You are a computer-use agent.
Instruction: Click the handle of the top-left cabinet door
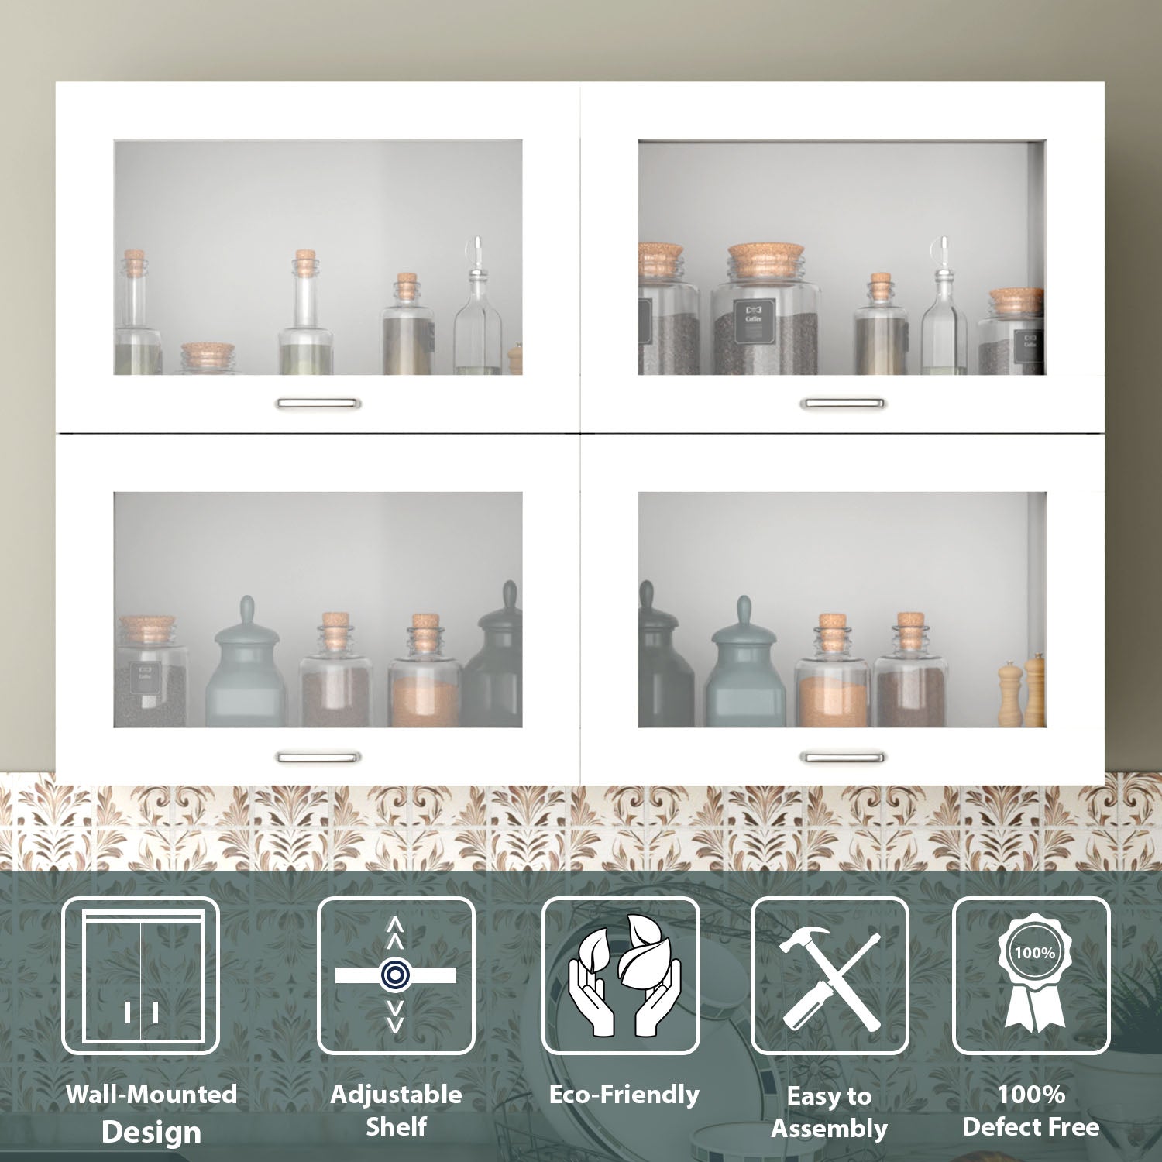318,403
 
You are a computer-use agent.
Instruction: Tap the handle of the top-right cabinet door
842,403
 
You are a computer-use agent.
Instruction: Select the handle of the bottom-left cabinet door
318,757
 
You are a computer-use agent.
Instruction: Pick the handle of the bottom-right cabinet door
842,757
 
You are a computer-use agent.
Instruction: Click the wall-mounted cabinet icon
141,976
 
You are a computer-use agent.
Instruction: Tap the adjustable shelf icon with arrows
396,976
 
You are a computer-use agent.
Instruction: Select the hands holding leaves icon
621,976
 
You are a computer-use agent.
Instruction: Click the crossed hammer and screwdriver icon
830,976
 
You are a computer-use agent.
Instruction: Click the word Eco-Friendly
624,1094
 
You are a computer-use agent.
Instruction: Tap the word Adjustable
396,1094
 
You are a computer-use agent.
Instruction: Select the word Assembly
829,1129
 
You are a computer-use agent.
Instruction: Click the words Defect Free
1031,1127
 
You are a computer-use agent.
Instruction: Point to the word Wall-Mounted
152,1094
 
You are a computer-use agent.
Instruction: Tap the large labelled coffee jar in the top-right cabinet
765,314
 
